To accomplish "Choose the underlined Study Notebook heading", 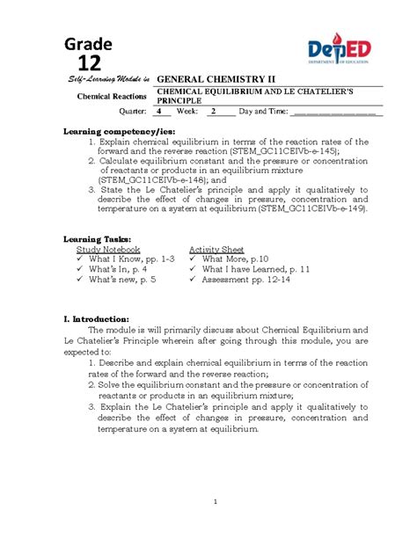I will coord(108,250).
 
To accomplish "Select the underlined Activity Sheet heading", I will coord(216,250).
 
